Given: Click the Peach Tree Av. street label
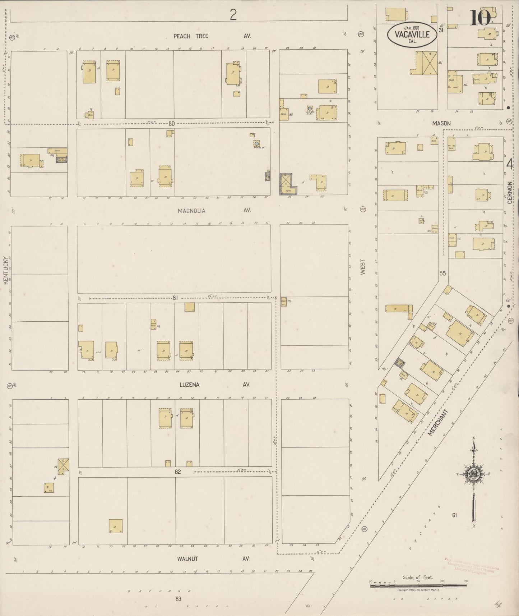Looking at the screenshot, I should click(212, 36).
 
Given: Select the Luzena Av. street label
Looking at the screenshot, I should click(214, 385).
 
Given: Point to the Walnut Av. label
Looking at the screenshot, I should click(213, 559).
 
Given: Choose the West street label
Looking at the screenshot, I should click(363, 267).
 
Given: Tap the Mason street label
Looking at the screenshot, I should click(441, 123).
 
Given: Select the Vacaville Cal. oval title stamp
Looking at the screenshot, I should click(412, 34).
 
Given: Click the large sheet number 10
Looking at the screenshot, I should click(480, 18).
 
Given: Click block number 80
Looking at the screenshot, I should click(171, 124).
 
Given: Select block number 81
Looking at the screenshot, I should click(175, 298).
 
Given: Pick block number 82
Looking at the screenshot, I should click(177, 472).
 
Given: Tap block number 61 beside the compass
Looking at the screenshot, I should click(454, 515).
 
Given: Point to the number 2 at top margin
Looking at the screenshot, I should click(233, 15).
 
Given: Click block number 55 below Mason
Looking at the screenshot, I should click(442, 273).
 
